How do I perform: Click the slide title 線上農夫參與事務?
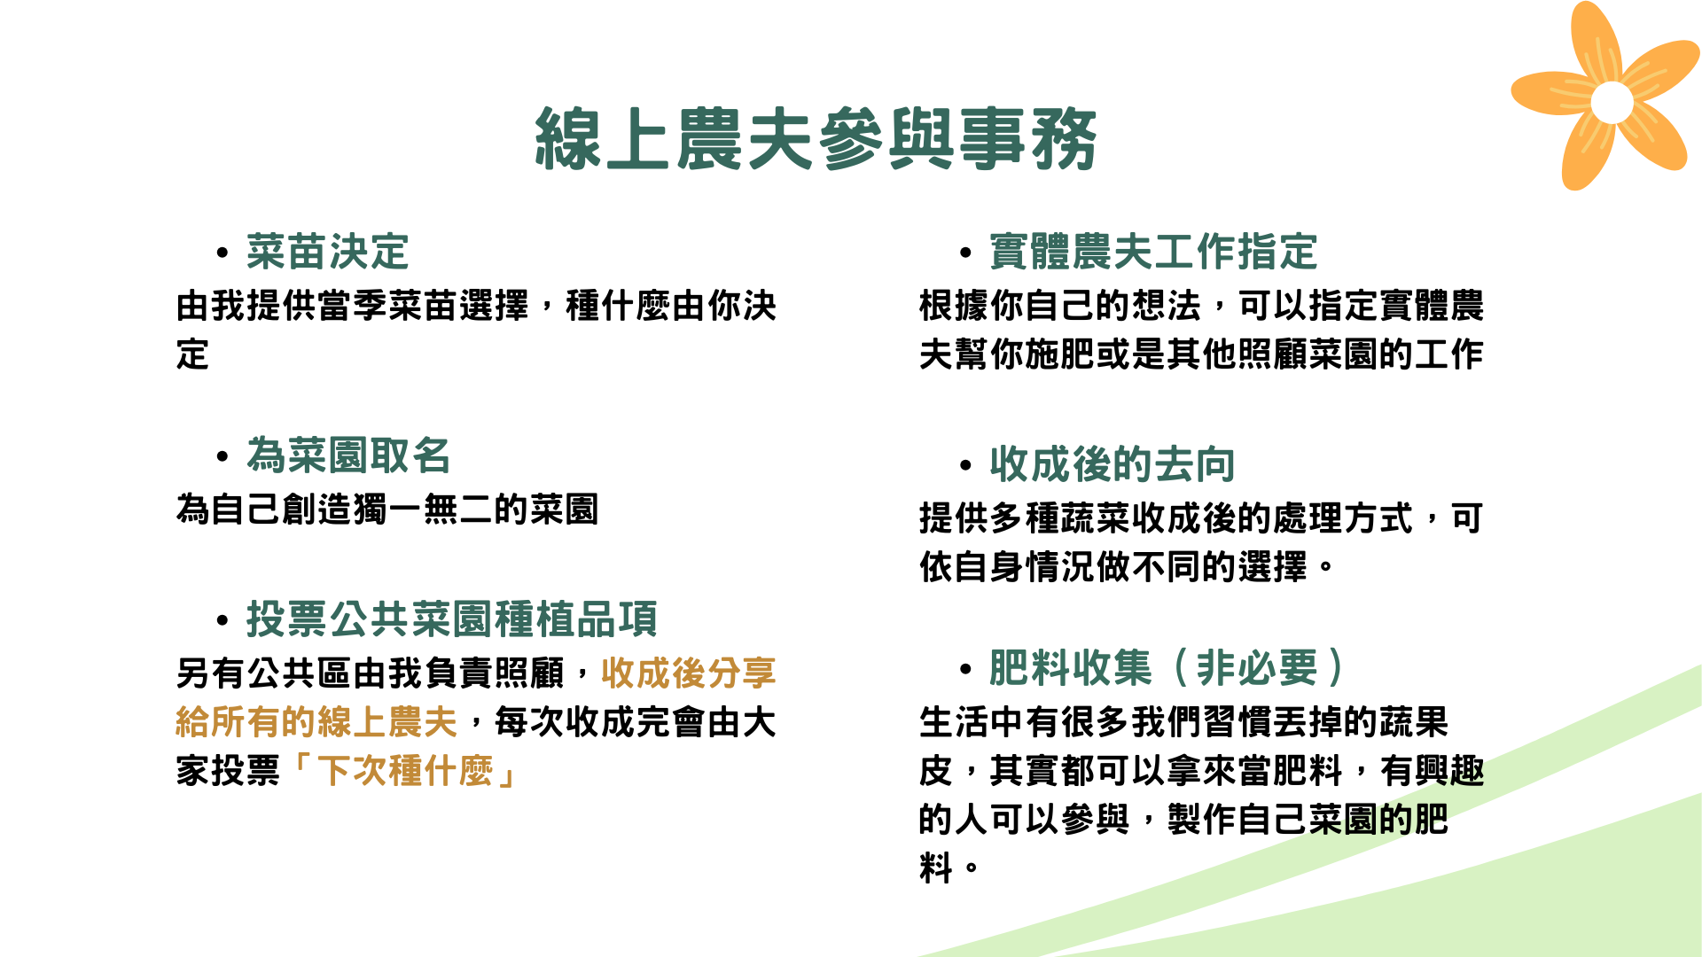816,139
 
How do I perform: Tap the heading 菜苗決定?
328,252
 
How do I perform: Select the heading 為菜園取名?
348,455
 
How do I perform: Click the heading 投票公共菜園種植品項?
452,619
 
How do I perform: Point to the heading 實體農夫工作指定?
1153,252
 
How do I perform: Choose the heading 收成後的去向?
1113,464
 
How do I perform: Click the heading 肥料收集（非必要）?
1167,667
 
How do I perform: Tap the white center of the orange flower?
1612,102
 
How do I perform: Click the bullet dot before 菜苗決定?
223,253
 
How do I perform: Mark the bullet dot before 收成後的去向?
966,466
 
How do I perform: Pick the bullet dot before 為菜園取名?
223,457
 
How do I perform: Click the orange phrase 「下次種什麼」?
405,771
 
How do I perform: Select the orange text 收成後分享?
689,673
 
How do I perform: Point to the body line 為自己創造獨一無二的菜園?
387,510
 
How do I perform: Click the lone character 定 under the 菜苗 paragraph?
192,354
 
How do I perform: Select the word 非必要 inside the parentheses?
1257,667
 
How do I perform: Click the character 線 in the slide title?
568,139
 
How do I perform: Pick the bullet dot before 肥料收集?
966,669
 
